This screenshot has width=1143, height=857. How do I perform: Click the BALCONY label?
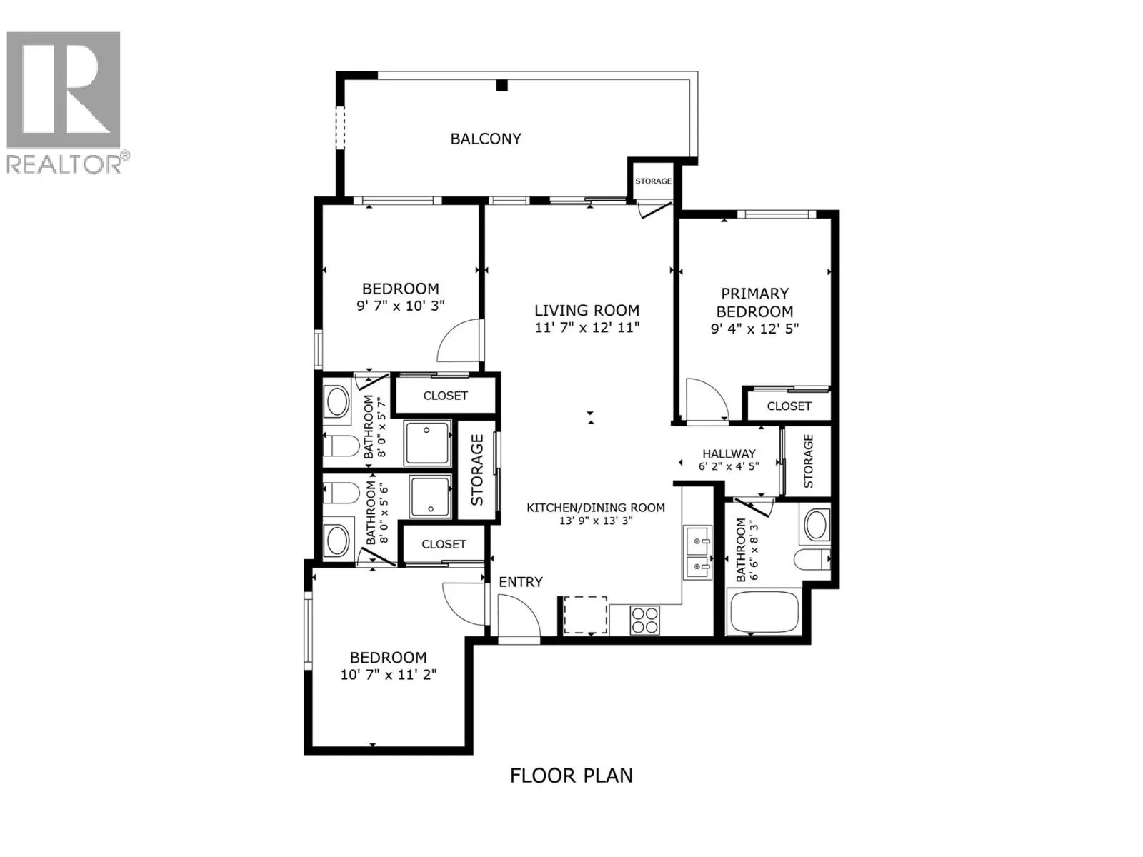tap(486, 139)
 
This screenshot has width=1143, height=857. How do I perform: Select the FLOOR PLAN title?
tap(571, 775)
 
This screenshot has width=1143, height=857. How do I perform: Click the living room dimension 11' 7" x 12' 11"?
tap(587, 328)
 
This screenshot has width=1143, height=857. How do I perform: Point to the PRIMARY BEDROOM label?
tap(754, 302)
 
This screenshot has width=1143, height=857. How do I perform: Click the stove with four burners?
tap(645, 619)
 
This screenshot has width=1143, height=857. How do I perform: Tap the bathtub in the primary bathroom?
tap(763, 613)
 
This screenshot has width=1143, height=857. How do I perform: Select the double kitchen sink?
tap(697, 553)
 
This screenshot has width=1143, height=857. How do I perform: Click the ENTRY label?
tap(521, 582)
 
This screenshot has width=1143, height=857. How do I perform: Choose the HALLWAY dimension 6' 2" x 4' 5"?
tap(729, 466)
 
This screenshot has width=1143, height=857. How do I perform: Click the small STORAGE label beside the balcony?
tap(653, 181)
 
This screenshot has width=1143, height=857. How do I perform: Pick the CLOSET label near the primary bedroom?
tap(789, 406)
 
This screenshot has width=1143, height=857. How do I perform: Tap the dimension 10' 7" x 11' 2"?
tap(389, 674)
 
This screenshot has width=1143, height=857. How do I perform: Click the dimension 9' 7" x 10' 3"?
tap(401, 306)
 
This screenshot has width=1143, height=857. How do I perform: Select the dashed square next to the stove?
tap(585, 615)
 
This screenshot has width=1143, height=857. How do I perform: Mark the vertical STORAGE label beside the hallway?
tap(808, 461)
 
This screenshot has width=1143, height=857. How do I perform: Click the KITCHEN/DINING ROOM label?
tap(596, 508)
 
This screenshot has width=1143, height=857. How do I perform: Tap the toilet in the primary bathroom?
tap(812, 559)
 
